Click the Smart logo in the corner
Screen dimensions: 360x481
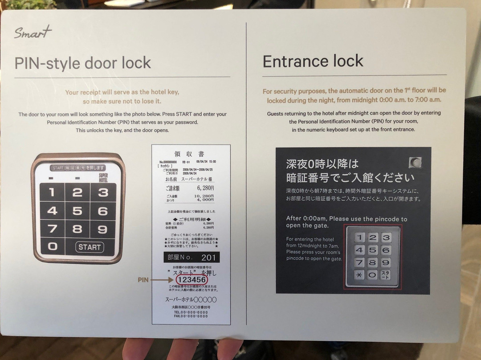point(33,33)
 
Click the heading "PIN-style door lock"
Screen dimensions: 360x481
point(83,63)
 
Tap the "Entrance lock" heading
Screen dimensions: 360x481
point(313,61)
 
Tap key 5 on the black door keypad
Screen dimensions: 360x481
point(77,211)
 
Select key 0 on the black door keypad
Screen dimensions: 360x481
point(53,246)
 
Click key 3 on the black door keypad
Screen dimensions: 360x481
point(103,192)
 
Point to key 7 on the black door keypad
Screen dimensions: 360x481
point(53,229)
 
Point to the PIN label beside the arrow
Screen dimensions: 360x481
point(143,280)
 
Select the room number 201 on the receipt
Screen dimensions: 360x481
point(208,258)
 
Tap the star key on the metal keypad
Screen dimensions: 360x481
point(359,275)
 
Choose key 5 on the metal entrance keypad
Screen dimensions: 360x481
point(372,250)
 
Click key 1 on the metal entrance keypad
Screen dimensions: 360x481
point(359,237)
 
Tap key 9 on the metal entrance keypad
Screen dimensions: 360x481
point(386,262)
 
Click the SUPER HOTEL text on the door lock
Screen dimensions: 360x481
point(103,177)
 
